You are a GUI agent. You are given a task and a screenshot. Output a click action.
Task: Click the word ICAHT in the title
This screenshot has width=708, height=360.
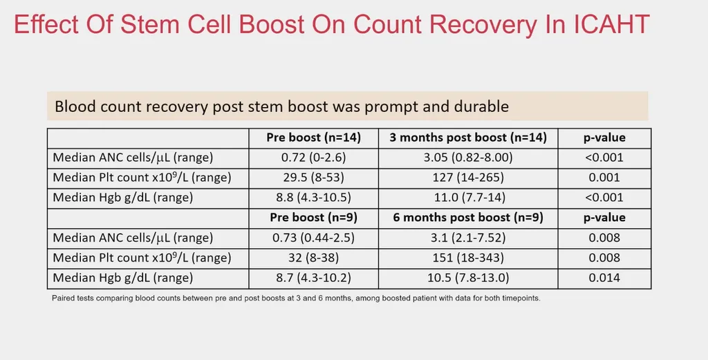click(612, 24)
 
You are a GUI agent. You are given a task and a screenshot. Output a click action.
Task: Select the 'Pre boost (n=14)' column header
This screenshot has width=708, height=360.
click(313, 138)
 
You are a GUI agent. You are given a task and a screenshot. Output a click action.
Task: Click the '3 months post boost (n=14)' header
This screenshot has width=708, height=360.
click(468, 138)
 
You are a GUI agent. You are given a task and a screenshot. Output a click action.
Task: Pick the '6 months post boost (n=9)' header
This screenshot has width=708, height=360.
click(468, 218)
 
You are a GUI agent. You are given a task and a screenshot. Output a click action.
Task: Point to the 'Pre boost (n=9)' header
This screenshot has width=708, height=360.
click(313, 218)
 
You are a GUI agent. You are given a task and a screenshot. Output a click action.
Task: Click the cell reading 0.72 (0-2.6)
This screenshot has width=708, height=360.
click(313, 158)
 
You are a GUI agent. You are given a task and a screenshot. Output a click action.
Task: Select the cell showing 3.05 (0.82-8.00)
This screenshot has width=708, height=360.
click(468, 158)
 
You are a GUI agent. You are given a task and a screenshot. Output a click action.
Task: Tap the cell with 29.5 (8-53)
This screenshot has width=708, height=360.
click(313, 178)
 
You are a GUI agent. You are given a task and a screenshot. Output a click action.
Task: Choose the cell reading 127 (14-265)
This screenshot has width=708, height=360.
click(468, 178)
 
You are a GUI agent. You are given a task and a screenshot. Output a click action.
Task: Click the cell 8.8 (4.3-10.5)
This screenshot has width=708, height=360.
click(313, 197)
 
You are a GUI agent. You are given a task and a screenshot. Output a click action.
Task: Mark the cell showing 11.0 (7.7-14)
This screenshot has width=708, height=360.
click(468, 197)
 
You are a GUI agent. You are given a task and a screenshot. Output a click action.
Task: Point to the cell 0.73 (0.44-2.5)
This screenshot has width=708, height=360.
click(313, 238)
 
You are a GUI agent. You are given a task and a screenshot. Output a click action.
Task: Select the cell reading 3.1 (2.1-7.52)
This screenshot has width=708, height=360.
click(468, 238)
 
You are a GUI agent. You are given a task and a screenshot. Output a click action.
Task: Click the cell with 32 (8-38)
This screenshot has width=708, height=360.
click(313, 258)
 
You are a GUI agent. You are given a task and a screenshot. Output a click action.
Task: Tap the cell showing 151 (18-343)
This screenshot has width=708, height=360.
click(468, 258)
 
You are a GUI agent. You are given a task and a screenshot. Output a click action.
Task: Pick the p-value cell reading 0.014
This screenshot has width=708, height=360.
click(604, 278)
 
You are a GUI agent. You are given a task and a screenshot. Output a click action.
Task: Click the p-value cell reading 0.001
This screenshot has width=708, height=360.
click(604, 178)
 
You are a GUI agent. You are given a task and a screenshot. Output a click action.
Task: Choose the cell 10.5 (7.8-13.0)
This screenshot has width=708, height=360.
click(468, 278)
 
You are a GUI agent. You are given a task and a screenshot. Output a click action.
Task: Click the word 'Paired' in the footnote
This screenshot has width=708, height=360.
click(62, 299)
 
